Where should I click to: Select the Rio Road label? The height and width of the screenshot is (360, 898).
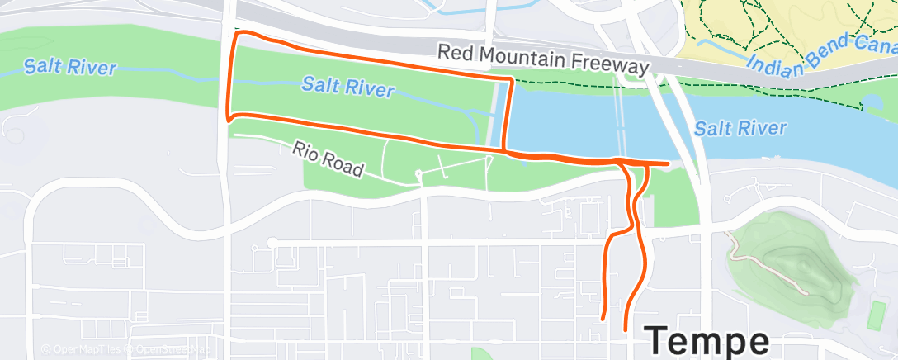pyautogui.click(x=328, y=159)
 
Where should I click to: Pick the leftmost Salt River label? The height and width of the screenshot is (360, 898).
pyautogui.click(x=69, y=67)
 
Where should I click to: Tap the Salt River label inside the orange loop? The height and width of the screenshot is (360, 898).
pyautogui.click(x=347, y=86)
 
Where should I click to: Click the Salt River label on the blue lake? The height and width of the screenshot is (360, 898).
pyautogui.click(x=740, y=128)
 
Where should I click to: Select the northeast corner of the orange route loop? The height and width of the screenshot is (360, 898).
pyautogui.click(x=513, y=80)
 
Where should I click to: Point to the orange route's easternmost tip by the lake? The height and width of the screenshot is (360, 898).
pyautogui.click(x=667, y=163)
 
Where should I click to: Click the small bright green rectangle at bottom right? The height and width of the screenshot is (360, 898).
pyautogui.click(x=877, y=315)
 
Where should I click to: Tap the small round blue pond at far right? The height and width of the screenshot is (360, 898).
pyautogui.click(x=870, y=102)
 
